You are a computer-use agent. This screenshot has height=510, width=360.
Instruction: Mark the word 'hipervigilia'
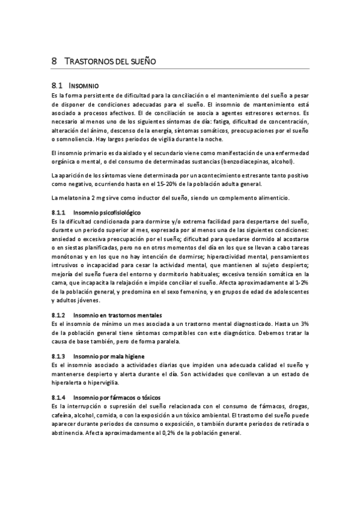104,382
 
